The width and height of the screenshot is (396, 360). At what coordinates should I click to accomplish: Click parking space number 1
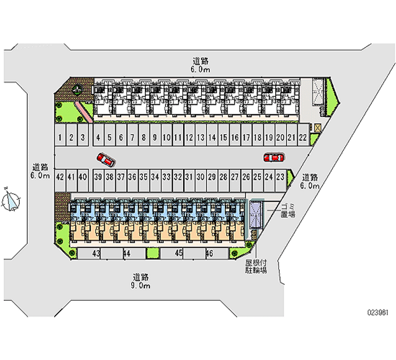click(59, 138)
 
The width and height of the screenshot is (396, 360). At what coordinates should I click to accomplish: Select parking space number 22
click(302, 137)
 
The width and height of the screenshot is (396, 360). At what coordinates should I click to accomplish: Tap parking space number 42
click(60, 176)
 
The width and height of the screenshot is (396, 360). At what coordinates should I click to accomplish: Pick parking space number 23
click(281, 176)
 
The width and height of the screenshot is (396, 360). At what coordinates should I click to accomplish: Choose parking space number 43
click(97, 253)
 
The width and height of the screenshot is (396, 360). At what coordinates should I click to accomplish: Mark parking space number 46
click(209, 253)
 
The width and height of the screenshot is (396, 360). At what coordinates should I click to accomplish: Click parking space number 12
click(189, 138)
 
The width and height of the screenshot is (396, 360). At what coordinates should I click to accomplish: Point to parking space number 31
click(189, 176)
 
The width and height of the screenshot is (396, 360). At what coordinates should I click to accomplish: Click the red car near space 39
click(106, 159)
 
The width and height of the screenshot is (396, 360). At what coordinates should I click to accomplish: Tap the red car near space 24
click(273, 157)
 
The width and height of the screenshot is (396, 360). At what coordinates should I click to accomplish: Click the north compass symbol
click(11, 201)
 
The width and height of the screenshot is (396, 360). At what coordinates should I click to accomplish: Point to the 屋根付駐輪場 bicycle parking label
click(256, 267)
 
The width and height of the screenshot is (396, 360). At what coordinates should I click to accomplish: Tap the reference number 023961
click(377, 312)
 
